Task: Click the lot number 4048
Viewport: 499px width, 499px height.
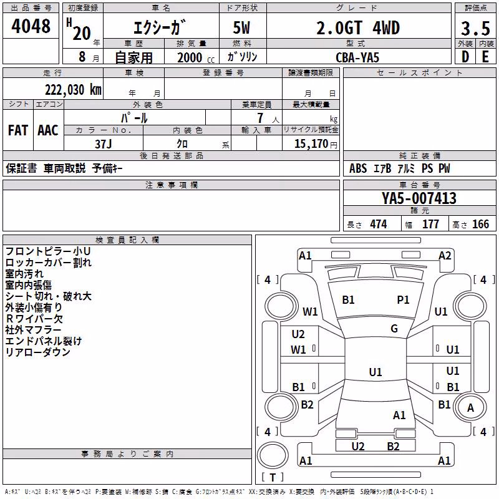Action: coord(31,26)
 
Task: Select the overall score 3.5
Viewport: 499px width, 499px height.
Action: coord(475,29)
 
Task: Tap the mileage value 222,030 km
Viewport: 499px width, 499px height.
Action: coord(73,90)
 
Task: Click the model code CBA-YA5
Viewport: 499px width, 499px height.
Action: coord(357,57)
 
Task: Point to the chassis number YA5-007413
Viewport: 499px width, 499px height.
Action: coord(419,198)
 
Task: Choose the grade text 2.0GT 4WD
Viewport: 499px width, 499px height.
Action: coord(358,28)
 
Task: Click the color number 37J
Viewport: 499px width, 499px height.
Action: coord(104,144)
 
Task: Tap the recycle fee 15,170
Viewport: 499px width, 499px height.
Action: coord(311,144)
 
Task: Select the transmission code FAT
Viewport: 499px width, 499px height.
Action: coord(18,130)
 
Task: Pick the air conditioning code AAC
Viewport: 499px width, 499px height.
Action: coord(48,130)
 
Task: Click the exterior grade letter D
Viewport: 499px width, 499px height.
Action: coord(465,57)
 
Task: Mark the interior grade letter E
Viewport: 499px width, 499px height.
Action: coord(485,57)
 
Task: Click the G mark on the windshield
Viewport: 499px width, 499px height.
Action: coord(394,329)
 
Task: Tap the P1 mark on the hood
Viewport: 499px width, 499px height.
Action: coord(403,300)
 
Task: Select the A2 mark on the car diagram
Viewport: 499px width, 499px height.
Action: coord(445,256)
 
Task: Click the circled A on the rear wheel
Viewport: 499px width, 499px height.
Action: coord(470,408)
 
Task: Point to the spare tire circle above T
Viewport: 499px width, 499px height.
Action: coord(273,455)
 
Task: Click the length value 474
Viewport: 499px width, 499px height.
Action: coord(379,225)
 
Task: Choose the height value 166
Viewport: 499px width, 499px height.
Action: coord(480,225)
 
